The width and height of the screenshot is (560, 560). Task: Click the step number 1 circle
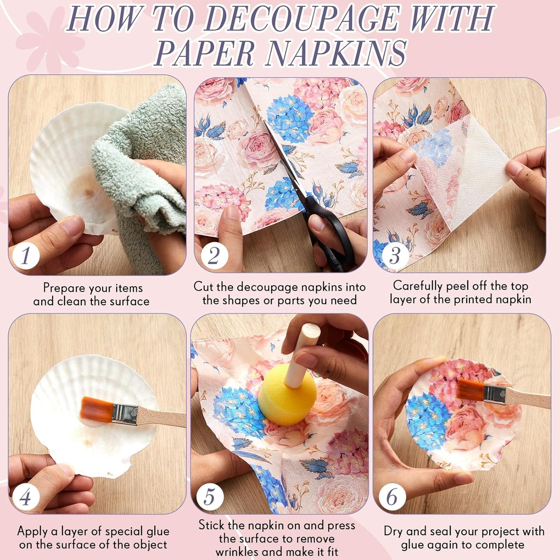(26, 255)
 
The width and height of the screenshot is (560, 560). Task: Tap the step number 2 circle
(214, 255)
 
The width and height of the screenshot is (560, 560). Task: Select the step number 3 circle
(395, 255)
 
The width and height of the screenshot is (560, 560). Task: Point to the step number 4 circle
(26, 497)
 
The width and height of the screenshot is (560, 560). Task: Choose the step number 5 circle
(210, 497)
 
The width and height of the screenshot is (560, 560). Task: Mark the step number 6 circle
(392, 497)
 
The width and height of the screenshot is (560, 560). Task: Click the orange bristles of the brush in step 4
(97, 410)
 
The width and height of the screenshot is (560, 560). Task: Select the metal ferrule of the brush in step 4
(125, 414)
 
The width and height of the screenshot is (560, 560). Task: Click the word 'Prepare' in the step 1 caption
(64, 288)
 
